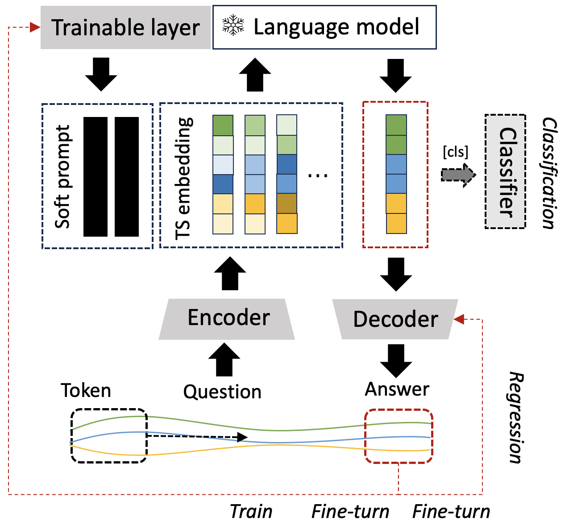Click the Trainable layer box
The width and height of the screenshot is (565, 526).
(x=125, y=28)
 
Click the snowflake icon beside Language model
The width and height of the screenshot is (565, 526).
(x=233, y=26)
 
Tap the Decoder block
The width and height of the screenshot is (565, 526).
(x=395, y=319)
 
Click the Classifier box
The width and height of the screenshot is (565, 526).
(x=505, y=172)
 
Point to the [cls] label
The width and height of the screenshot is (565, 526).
(x=455, y=152)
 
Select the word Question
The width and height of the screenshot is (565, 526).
(x=222, y=392)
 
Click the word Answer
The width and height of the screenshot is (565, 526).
(x=397, y=389)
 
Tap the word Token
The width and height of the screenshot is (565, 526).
(x=86, y=391)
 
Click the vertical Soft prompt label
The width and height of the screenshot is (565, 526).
(x=63, y=176)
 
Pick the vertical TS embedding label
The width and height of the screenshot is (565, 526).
(x=184, y=179)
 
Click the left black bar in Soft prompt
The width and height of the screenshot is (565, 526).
(x=96, y=176)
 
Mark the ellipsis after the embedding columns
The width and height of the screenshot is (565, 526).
(x=318, y=175)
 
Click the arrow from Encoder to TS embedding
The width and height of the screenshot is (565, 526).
(x=230, y=273)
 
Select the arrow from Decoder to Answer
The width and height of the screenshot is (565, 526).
(x=395, y=360)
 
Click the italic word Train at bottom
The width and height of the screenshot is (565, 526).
(x=251, y=512)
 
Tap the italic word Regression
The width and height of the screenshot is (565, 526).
(x=515, y=417)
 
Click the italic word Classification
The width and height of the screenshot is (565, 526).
(x=549, y=173)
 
